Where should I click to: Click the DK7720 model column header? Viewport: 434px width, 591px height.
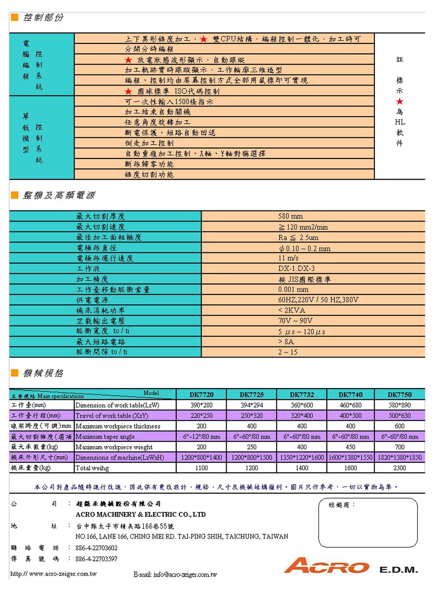[x=201, y=395]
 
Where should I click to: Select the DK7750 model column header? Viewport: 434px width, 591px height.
[x=399, y=395]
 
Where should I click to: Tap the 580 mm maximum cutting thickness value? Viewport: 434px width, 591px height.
[x=290, y=216]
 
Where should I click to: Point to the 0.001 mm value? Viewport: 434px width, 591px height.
[x=293, y=289]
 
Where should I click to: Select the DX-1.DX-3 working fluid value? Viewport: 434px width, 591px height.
[x=296, y=268]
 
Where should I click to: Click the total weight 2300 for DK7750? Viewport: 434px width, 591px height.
[x=399, y=468]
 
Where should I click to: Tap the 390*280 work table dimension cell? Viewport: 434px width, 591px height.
[x=201, y=405]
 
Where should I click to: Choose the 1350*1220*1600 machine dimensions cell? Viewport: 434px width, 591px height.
[x=302, y=457]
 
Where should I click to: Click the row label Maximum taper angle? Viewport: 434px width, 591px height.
[x=105, y=436]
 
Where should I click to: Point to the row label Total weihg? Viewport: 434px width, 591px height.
[x=92, y=468]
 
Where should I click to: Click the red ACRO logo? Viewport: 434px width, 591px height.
[x=326, y=566]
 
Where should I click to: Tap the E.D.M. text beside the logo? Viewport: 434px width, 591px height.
[x=399, y=569]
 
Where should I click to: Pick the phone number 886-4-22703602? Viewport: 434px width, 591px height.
[x=96, y=548]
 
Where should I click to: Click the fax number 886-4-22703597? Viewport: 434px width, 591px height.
[x=96, y=559]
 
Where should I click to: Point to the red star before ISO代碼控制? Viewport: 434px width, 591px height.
[x=128, y=91]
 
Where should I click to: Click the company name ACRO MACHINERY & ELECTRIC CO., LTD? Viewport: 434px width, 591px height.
[x=141, y=515]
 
